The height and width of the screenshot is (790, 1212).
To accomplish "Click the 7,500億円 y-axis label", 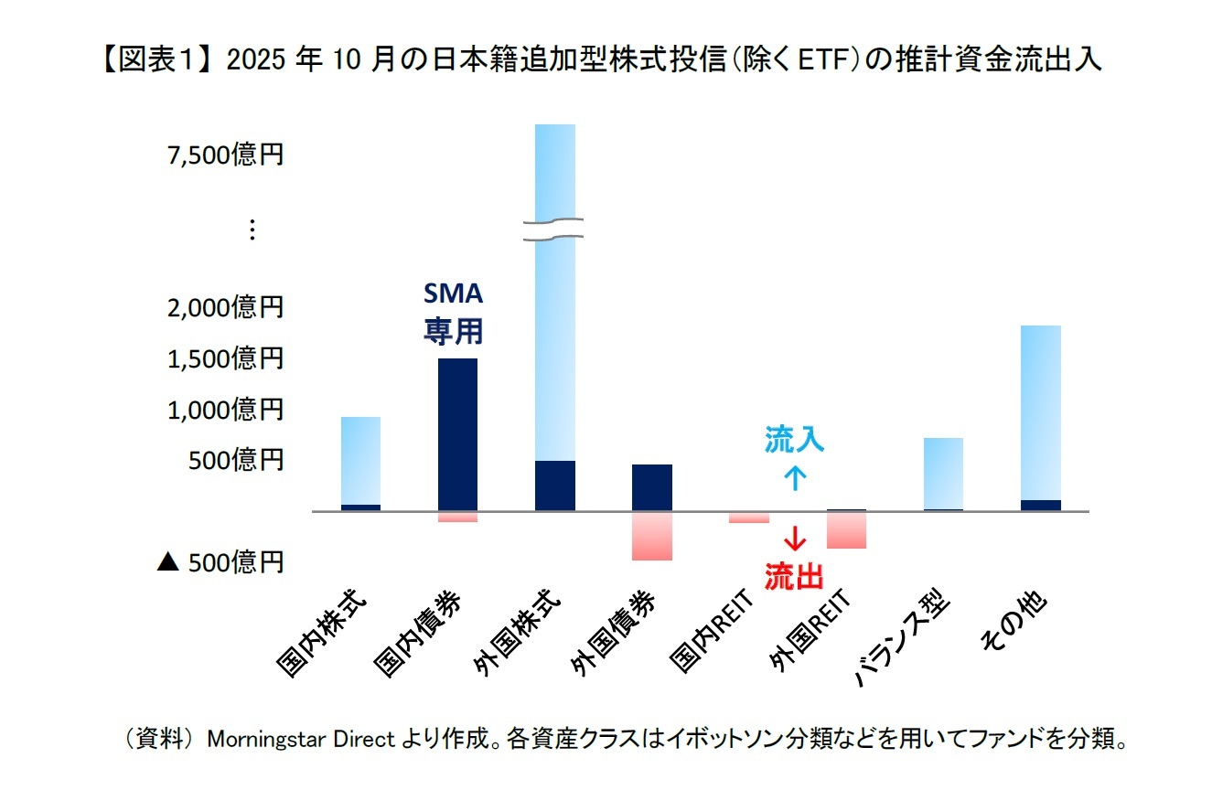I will pos(225,155).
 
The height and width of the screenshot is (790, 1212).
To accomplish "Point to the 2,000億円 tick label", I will pos(225,307).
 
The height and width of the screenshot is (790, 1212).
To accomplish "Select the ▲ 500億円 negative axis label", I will pos(220,562).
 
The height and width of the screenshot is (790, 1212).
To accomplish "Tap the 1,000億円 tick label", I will pos(225,410).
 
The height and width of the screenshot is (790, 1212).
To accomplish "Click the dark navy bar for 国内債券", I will pos(457,434).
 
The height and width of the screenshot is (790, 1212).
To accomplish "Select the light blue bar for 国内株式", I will pos(360,460).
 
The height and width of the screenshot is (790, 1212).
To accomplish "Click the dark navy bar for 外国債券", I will pos(652,487).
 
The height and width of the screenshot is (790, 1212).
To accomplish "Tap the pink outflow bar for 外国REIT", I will pos(846,529).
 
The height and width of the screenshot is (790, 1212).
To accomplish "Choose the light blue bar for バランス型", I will pos(943,473).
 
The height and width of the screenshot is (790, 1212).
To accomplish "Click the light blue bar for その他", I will pos(1041,411).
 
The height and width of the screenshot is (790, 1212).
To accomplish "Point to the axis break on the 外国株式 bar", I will pos(555,230).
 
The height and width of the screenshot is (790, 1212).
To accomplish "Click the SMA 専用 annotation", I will pos(453,313).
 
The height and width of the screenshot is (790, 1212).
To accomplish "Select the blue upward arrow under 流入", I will pos(794,477).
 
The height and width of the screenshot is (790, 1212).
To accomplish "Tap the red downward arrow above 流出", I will pos(794,539).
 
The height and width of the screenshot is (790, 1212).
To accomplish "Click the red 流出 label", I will pos(794,576).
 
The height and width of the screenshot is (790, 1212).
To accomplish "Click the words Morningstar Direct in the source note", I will pos(302,739).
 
